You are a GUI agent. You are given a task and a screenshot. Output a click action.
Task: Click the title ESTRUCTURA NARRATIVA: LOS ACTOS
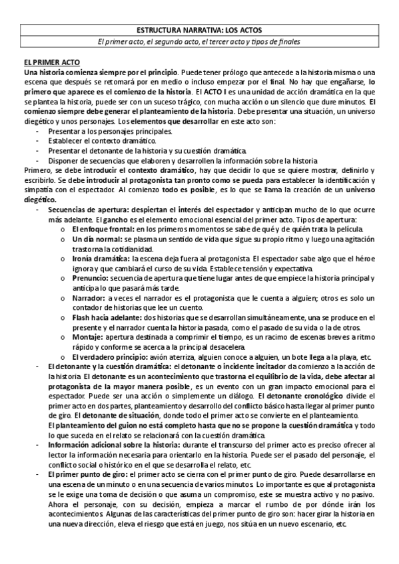tap(199, 31)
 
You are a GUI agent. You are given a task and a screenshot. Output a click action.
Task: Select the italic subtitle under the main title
tap(199, 42)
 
